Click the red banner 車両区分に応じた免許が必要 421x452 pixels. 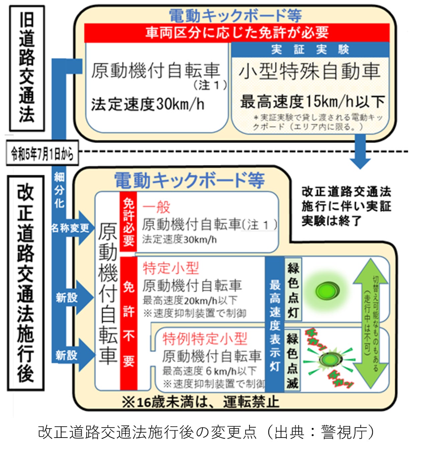click(x=237, y=33)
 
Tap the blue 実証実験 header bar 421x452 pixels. click(x=310, y=50)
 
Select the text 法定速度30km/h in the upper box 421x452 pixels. click(x=147, y=104)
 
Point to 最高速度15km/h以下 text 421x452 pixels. click(x=312, y=101)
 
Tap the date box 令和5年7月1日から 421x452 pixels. click(x=42, y=154)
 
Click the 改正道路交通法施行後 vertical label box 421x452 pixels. click(x=26, y=283)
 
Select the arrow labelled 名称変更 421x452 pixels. click(x=72, y=228)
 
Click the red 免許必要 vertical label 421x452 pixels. click(x=128, y=222)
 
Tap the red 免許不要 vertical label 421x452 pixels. click(x=128, y=323)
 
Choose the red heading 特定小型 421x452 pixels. click(x=171, y=268)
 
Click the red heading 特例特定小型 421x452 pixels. click(x=205, y=339)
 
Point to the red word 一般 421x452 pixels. click(x=156, y=207)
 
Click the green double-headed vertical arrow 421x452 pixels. click(x=370, y=323)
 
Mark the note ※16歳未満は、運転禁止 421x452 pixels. click(x=200, y=402)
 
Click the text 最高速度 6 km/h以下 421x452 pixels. click(x=209, y=371)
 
